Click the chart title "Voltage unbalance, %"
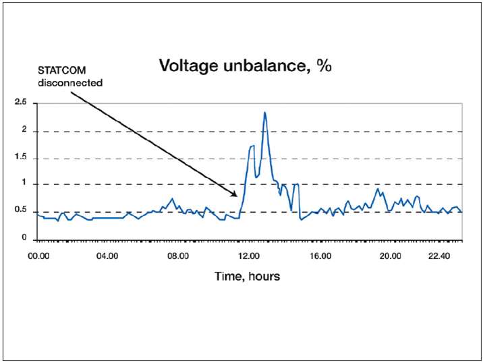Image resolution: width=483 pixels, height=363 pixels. [246, 66]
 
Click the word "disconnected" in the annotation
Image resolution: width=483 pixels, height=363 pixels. [70, 83]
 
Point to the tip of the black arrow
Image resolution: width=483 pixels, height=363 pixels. [237, 196]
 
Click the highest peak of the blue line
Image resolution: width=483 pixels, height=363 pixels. [265, 113]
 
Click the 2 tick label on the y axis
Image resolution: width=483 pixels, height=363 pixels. [24, 130]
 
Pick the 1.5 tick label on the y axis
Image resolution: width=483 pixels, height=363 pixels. [22, 158]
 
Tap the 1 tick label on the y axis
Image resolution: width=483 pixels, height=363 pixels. [24, 183]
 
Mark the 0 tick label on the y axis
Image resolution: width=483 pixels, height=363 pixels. [24, 238]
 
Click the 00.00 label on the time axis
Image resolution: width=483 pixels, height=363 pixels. [38, 256]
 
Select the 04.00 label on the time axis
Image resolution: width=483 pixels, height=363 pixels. [107, 256]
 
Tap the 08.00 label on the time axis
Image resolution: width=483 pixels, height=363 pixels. [178, 256]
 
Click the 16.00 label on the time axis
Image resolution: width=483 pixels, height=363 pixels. [320, 256]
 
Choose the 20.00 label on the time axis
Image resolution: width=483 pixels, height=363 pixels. [391, 256]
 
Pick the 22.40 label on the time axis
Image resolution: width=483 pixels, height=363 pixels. [439, 256]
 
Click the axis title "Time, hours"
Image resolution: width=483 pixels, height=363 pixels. [247, 277]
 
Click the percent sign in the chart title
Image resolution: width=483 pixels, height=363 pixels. [326, 66]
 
